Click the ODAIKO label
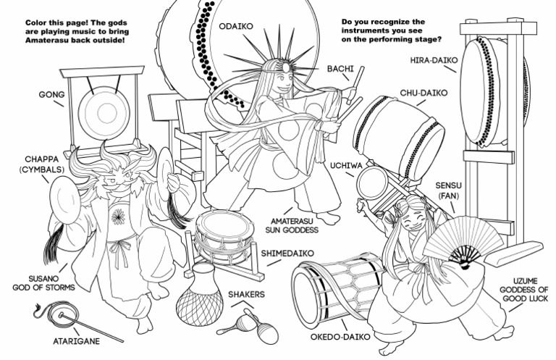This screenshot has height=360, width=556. tap(235, 26)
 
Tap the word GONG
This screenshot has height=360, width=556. tap(51, 95)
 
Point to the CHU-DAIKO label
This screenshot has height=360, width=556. tap(424, 93)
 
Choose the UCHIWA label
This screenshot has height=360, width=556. tap(342, 165)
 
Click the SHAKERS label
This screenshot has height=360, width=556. tap(246, 295)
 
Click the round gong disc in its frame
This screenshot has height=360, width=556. tap(97, 112)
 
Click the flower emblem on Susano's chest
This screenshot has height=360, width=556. tap(117, 215)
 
